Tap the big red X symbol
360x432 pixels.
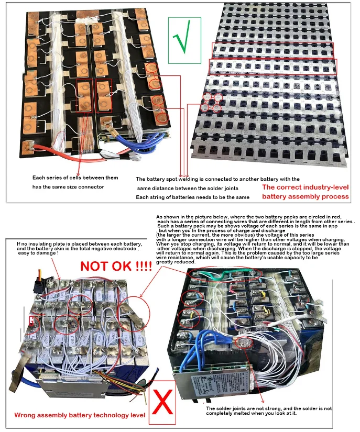pyautogui.click(x=163, y=403)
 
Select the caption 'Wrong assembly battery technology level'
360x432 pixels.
pyautogui.click(x=80, y=415)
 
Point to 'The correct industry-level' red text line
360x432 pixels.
pyautogui.click(x=306, y=187)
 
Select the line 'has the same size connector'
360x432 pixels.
pyautogui.click(x=68, y=187)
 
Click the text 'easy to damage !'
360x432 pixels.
pyautogui.click(x=38, y=253)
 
